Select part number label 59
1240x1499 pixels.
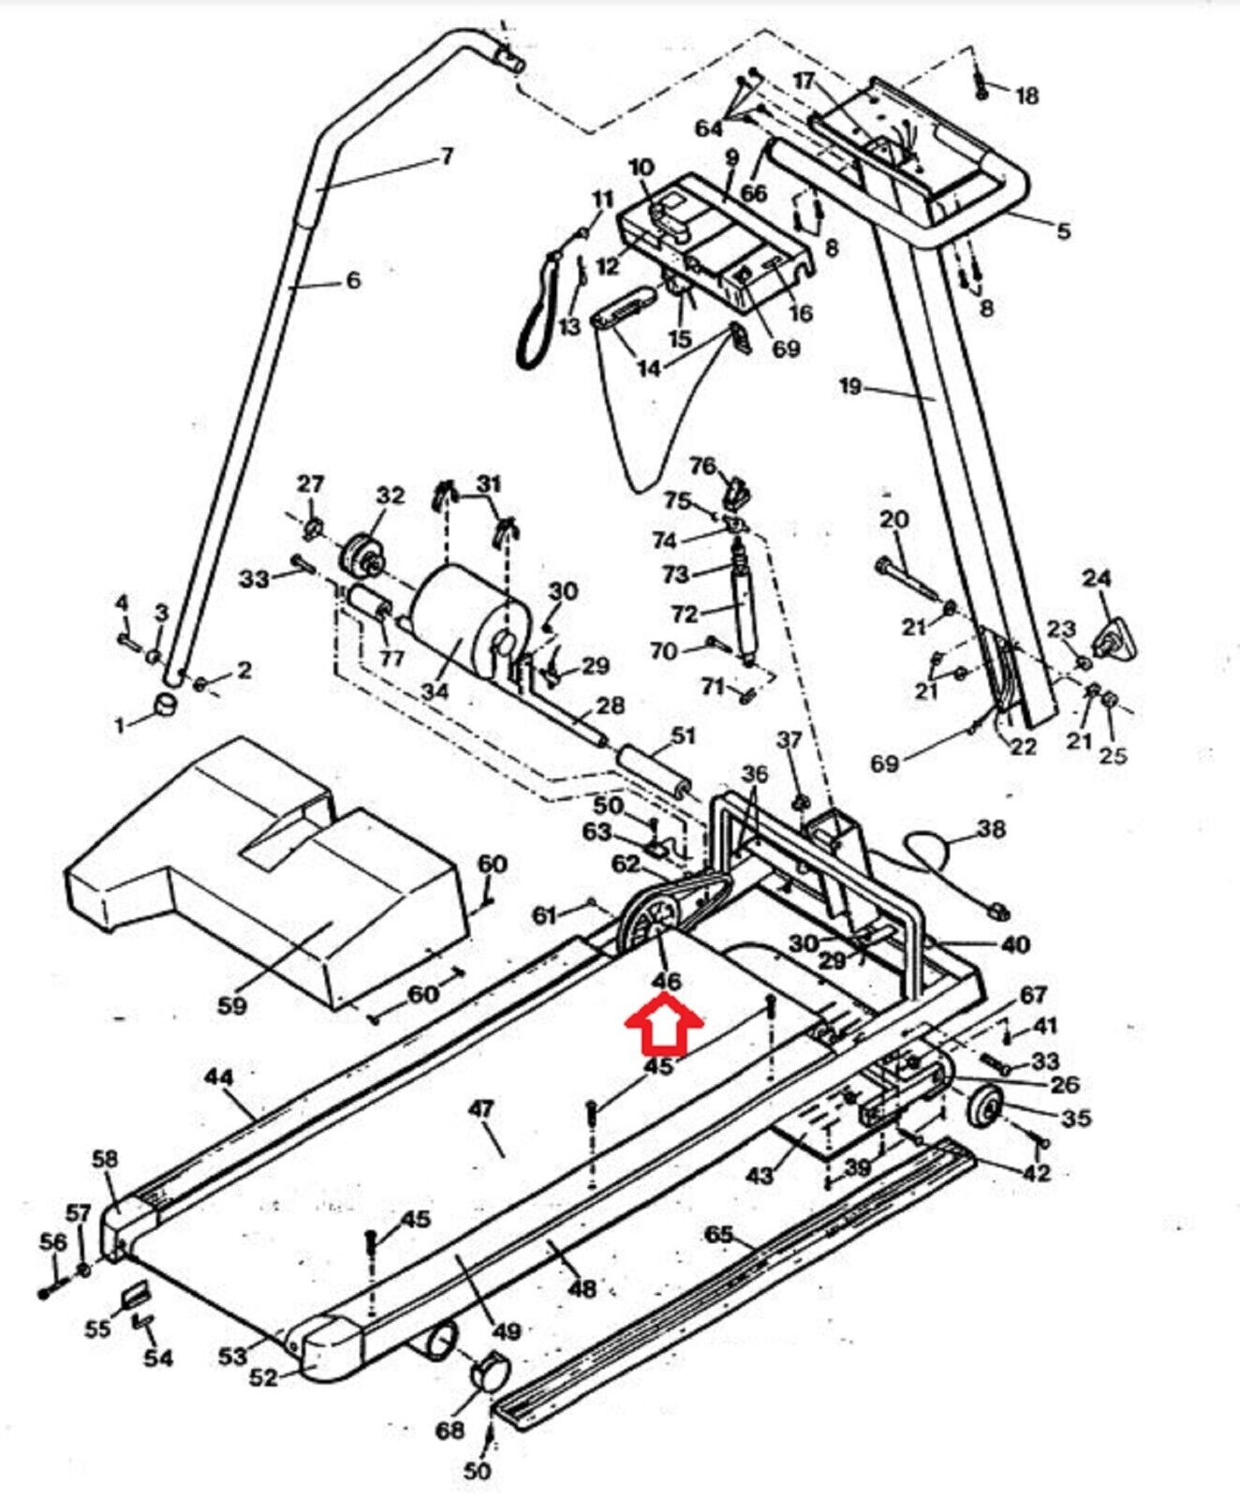tap(232, 1004)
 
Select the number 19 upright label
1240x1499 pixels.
tap(849, 386)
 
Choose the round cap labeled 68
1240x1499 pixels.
tap(492, 1372)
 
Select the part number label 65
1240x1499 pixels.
tap(719, 1235)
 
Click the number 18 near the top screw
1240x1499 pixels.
tap(1027, 96)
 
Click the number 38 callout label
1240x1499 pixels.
tap(992, 828)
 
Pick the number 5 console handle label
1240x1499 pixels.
tap(1064, 230)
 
